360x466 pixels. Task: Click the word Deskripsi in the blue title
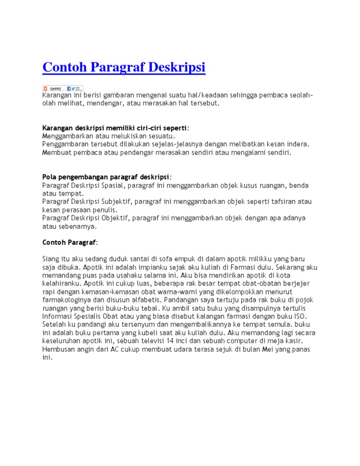(177, 68)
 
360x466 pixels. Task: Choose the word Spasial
(113, 185)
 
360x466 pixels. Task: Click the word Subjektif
(116, 202)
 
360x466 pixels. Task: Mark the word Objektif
(115, 218)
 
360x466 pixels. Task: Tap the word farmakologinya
(66, 300)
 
